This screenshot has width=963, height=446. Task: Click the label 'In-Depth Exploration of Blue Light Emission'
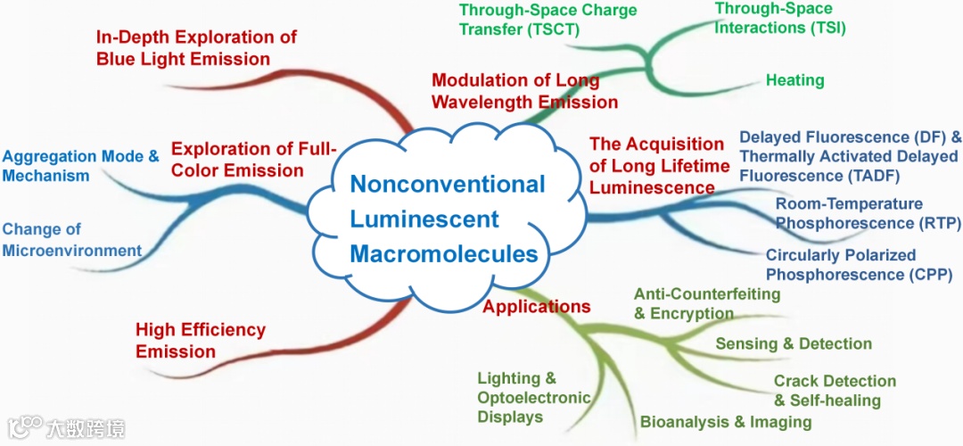[x=196, y=48]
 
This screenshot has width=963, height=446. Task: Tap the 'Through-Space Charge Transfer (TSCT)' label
[x=547, y=19]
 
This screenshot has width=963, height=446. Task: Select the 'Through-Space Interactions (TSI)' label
[x=780, y=18]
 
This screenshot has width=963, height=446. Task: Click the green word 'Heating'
[x=794, y=80]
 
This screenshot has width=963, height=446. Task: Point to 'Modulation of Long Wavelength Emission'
[x=514, y=91]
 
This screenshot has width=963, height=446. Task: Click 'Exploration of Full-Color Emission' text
[x=252, y=159]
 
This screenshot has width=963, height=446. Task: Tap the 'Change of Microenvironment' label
[x=71, y=240]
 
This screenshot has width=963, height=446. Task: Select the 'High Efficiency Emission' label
[x=200, y=340]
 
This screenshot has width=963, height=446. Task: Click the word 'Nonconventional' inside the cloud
[x=447, y=184]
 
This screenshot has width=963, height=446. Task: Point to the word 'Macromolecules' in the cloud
[x=444, y=253]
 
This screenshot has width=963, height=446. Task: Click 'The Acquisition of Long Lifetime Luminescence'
[x=656, y=166]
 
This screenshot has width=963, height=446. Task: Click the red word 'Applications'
[x=536, y=307]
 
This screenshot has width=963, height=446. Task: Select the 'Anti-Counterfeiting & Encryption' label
[x=706, y=303]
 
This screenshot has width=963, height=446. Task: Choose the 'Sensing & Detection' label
[x=794, y=343]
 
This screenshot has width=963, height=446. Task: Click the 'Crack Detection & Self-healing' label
[x=834, y=391]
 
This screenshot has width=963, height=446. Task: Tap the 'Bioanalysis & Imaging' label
[x=726, y=422]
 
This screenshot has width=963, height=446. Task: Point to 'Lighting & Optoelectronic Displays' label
[x=533, y=398]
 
